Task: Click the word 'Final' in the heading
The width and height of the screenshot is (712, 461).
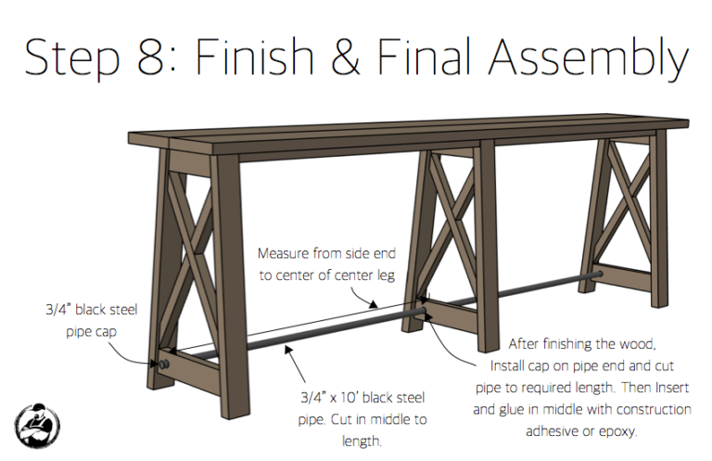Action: pyautogui.click(x=444, y=58)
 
